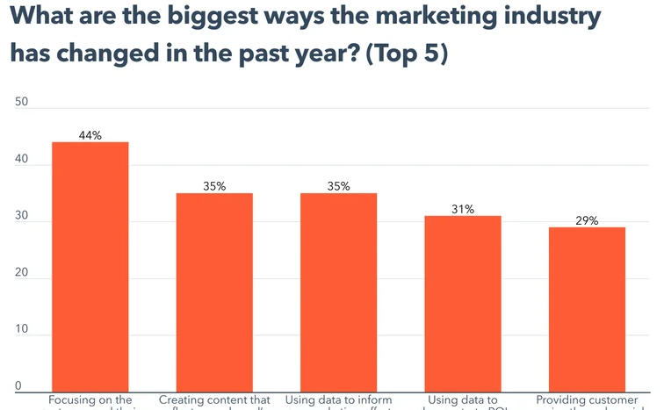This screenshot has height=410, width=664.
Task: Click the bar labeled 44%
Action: [90, 267]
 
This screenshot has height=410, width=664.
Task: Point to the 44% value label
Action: [90, 135]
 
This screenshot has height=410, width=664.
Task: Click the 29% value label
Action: [587, 221]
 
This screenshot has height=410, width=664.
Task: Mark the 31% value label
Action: [463, 210]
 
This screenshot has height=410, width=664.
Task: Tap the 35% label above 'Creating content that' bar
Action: [214, 186]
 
